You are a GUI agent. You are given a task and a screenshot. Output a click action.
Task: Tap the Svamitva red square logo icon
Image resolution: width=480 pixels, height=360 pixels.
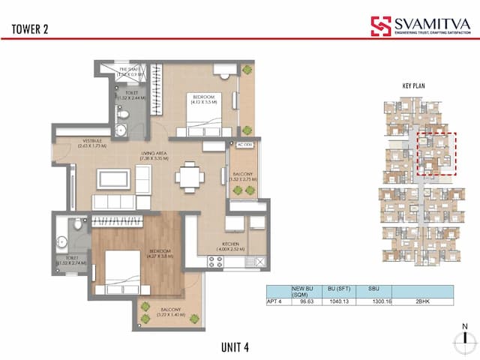coord(381,26)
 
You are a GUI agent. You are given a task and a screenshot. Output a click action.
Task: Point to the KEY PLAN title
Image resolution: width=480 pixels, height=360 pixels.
coord(414,86)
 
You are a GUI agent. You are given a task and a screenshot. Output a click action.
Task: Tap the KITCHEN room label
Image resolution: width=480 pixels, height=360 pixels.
coord(229,244)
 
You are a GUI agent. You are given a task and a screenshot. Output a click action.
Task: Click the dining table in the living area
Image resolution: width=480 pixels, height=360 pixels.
coord(187,178)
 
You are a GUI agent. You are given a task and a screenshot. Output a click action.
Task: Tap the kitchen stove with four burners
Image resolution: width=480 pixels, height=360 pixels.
coord(215,262)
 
